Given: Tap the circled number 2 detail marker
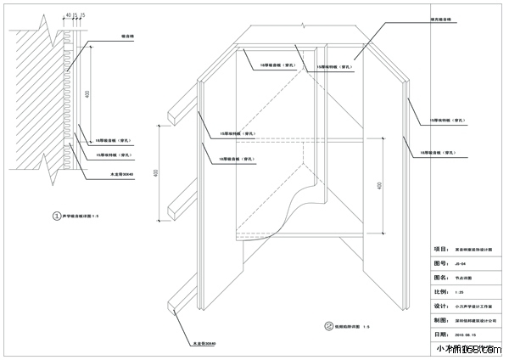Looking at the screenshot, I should (328, 325).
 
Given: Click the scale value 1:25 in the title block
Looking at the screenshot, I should (459, 291).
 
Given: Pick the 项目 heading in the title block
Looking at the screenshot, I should (440, 250).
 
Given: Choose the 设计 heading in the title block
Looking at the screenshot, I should (440, 306).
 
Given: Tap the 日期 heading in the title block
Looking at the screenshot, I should (440, 335).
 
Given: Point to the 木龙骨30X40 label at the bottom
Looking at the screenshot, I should (204, 344).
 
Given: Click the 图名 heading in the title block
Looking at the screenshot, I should (440, 277).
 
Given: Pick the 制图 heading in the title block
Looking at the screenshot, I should (440, 320).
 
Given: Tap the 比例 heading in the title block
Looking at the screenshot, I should (440, 291).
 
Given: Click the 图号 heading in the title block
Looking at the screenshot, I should (440, 263).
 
